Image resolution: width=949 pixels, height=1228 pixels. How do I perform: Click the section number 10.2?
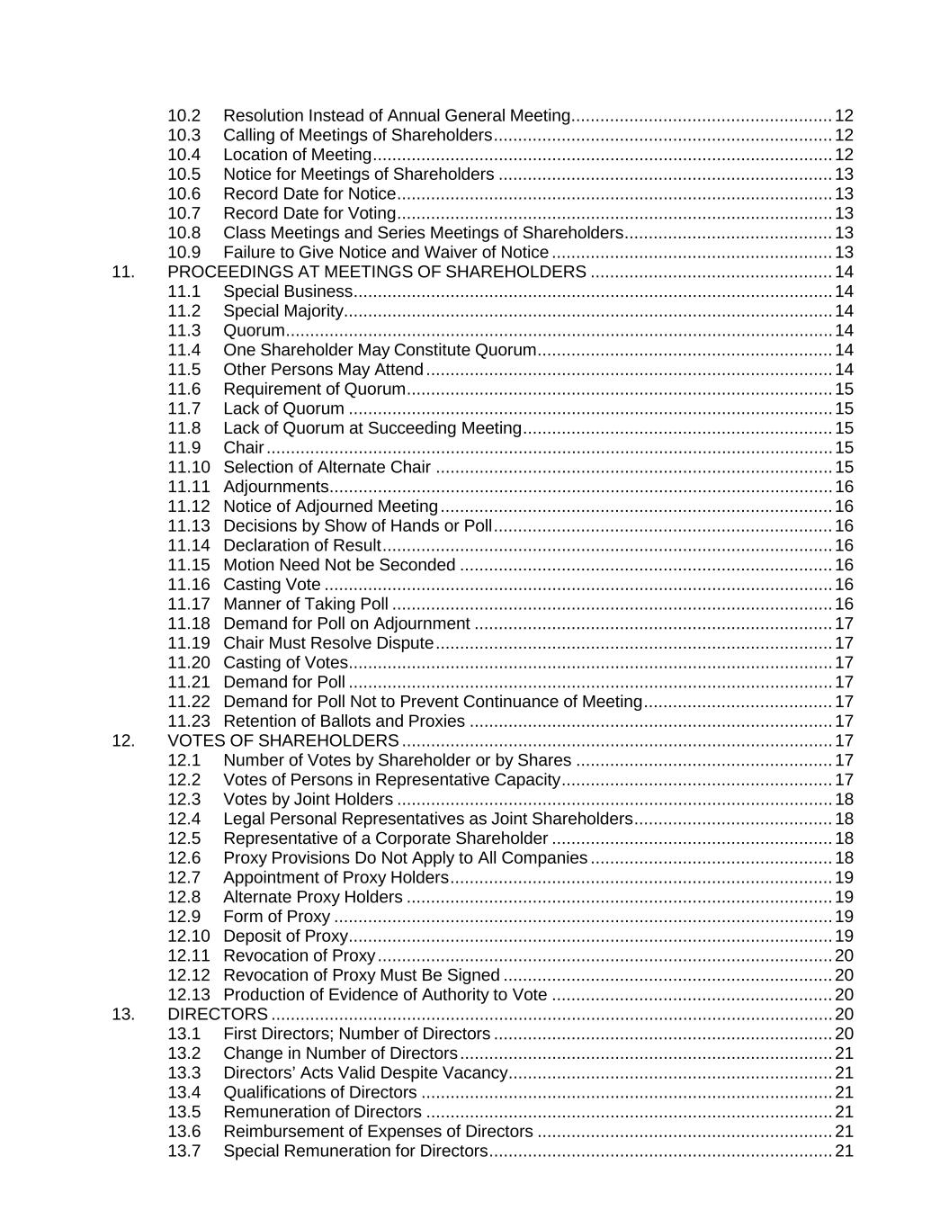pyautogui.click(x=184, y=116)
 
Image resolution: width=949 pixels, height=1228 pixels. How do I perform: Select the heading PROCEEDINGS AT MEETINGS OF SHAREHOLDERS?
pyautogui.click(x=377, y=272)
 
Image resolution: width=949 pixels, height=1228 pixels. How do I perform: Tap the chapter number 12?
pyautogui.click(x=123, y=740)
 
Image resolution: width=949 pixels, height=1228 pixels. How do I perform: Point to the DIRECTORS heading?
pyautogui.click(x=218, y=1014)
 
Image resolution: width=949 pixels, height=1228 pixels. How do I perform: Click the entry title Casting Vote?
pyautogui.click(x=272, y=585)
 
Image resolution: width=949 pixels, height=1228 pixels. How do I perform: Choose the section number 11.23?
pyautogui.click(x=189, y=722)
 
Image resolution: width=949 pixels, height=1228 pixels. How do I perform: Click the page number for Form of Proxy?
pyautogui.click(x=844, y=917)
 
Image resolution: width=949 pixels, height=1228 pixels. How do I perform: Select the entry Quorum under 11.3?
pyautogui.click(x=254, y=330)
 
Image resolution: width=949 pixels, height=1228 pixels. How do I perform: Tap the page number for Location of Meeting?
pyautogui.click(x=844, y=155)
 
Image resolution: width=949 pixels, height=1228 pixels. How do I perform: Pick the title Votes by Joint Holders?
pyautogui.click(x=308, y=800)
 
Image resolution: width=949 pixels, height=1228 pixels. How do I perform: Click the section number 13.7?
pyautogui.click(x=184, y=1152)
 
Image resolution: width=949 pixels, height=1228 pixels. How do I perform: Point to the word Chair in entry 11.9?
pyautogui.click(x=244, y=448)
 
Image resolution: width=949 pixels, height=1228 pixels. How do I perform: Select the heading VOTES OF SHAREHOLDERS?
pyautogui.click(x=283, y=740)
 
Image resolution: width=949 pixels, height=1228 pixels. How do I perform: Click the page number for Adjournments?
pyautogui.click(x=844, y=487)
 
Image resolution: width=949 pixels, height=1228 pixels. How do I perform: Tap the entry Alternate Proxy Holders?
pyautogui.click(x=313, y=897)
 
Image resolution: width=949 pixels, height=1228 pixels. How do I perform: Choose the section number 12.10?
pyautogui.click(x=189, y=937)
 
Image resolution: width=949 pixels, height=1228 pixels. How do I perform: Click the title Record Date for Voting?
pyautogui.click(x=309, y=213)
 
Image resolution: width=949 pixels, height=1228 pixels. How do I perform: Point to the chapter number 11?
pyautogui.click(x=123, y=272)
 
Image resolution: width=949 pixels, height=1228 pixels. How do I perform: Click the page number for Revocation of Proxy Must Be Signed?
pyautogui.click(x=844, y=975)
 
